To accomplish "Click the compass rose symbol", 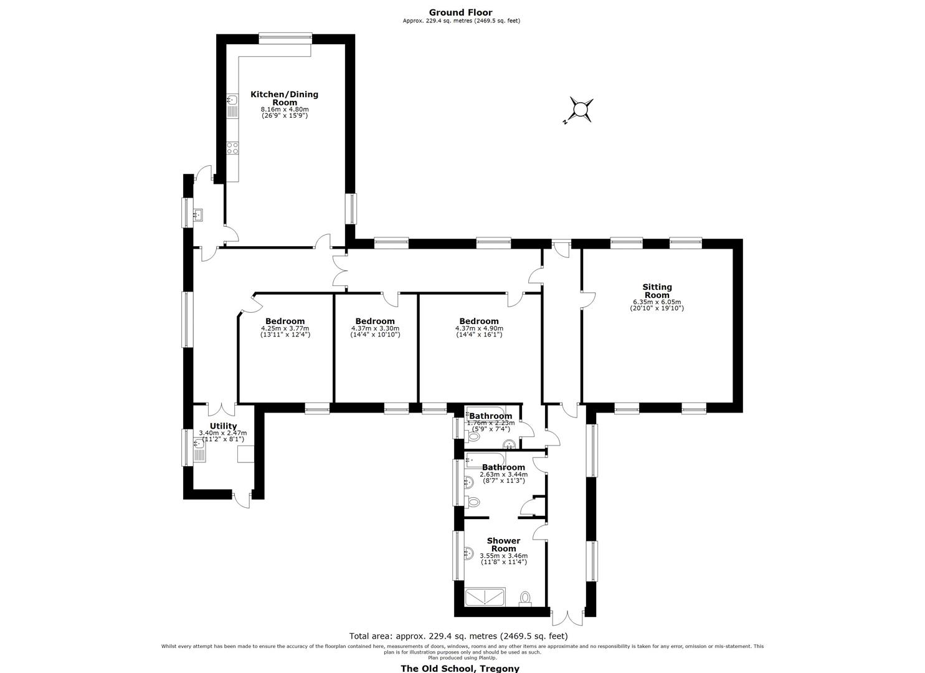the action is [x=581, y=110].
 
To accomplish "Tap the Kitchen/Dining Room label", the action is [x=285, y=98].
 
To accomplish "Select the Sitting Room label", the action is [x=657, y=291].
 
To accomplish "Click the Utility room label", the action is [x=224, y=426].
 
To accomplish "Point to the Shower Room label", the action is [x=503, y=545].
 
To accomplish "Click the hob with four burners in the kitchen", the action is [x=232, y=148].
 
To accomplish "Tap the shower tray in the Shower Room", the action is [x=485, y=596].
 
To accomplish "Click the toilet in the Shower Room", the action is [x=525, y=598].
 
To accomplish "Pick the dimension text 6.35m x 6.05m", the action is [x=657, y=302].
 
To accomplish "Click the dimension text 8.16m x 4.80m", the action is [x=285, y=109].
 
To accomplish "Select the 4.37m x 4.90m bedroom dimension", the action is [x=479, y=328].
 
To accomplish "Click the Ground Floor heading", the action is [x=461, y=12].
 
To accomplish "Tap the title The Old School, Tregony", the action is [x=460, y=668].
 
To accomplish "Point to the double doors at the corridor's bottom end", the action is [x=568, y=618].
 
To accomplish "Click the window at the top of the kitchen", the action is [x=285, y=39].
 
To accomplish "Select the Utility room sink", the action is [x=199, y=450].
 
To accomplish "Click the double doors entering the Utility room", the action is [x=221, y=409].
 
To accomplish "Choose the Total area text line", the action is [x=458, y=636].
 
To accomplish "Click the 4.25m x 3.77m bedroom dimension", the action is [x=285, y=328].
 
